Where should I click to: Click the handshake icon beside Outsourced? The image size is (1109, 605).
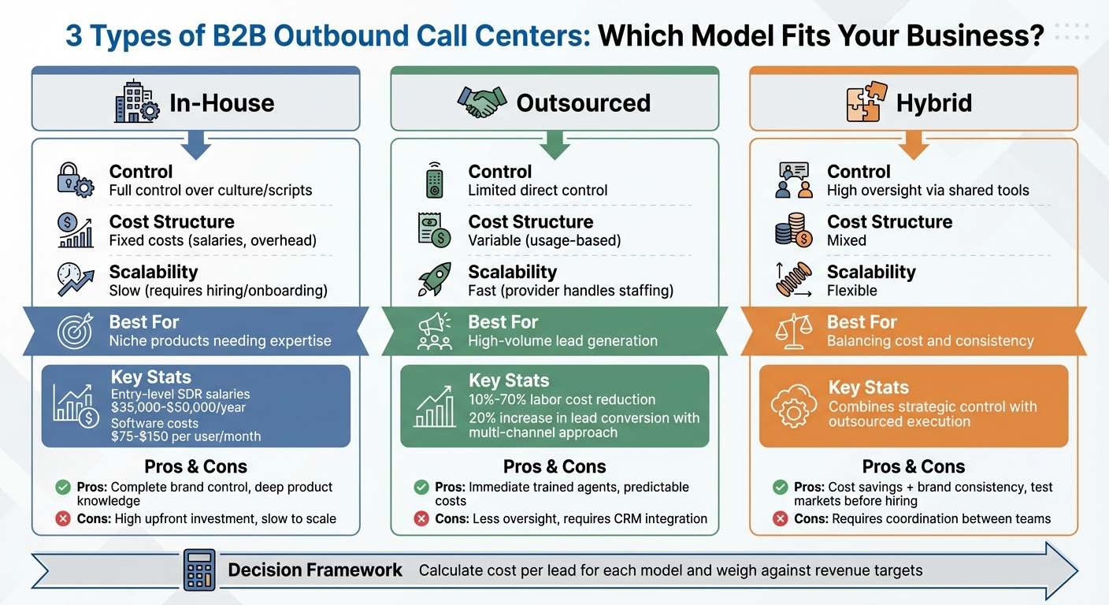(x=482, y=102)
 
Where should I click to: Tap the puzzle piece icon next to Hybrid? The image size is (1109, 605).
(x=863, y=103)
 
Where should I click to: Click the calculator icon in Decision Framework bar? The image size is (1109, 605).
(x=198, y=570)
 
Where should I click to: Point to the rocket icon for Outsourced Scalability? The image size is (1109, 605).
(x=434, y=280)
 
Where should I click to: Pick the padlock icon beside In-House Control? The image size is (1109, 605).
(x=75, y=180)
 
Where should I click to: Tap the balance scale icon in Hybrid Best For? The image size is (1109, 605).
(x=793, y=331)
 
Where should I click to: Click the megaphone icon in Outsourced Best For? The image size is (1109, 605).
(x=434, y=331)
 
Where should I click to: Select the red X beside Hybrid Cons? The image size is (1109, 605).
(x=780, y=518)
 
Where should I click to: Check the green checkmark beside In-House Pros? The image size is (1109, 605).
(x=63, y=488)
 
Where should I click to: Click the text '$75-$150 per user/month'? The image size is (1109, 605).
(x=186, y=436)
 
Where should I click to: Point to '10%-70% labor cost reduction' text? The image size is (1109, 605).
(x=562, y=399)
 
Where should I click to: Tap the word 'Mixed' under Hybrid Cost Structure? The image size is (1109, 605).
(x=847, y=240)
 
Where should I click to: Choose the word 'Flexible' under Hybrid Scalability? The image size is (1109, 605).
(x=851, y=291)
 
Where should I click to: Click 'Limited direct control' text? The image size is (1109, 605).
(x=537, y=190)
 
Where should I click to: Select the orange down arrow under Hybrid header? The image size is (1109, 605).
(x=914, y=145)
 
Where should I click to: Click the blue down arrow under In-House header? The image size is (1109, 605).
(x=195, y=145)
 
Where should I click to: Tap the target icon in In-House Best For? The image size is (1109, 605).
(x=75, y=331)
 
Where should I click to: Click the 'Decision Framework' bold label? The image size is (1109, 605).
(x=315, y=570)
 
